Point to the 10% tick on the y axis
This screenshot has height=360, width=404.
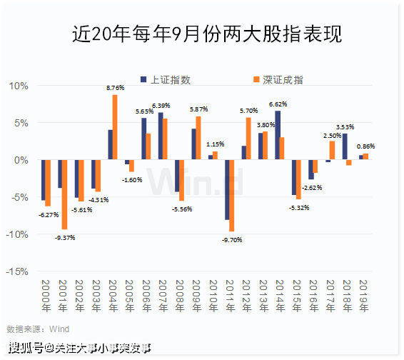point(19,86)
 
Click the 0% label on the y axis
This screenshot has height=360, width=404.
point(21,160)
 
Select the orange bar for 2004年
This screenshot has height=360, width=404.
point(115,127)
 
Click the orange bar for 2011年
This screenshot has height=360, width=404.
point(232,196)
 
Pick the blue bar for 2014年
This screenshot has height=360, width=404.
point(277,135)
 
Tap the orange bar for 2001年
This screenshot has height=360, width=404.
point(64,194)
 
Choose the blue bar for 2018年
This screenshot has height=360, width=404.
point(344,146)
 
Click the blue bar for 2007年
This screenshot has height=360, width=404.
point(161,136)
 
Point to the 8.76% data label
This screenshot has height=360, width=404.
point(116,88)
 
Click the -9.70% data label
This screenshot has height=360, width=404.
point(233,240)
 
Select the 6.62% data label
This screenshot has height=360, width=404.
point(278,104)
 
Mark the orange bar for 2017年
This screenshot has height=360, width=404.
point(332,150)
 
